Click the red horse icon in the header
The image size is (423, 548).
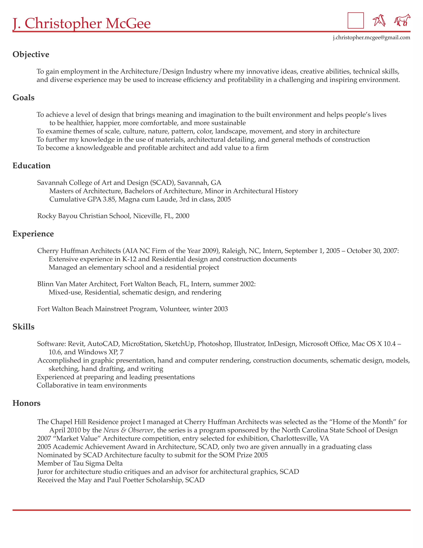pos(402,20)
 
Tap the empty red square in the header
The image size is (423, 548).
pos(356,20)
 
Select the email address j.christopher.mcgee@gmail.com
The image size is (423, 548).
pos(371,38)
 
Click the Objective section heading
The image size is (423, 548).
pos(31,54)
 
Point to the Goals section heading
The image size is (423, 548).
pos(24,98)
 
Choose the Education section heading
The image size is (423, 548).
pos(32,166)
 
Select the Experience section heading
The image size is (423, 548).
pos(33,234)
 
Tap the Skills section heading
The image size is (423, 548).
pos(24,327)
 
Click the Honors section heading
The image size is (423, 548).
pos(27,403)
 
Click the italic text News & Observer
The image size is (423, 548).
pos(128,430)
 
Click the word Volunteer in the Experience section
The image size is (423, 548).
pos(175,309)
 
